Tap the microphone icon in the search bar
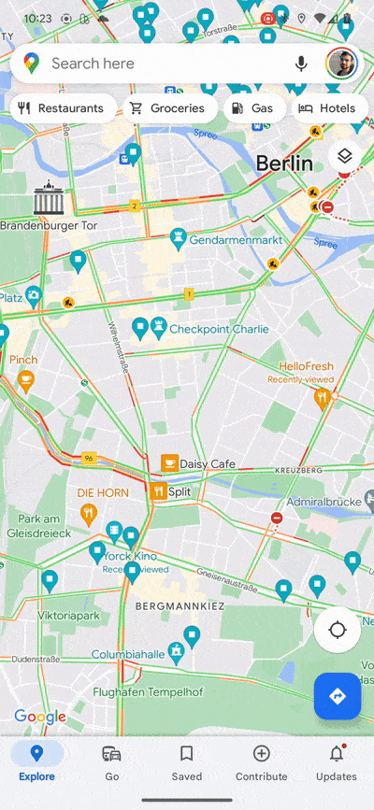301,64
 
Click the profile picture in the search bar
341,64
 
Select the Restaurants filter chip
62,108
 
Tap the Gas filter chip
252,108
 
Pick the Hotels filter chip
327,108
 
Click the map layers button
344,156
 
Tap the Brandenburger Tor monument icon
47,199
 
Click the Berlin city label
284,163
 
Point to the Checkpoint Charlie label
218,329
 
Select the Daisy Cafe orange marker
169,463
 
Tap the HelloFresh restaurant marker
322,398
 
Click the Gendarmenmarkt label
236,240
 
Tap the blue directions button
338,696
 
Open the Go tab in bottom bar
111,761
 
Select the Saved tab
186,761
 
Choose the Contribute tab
262,761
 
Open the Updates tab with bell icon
336,761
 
